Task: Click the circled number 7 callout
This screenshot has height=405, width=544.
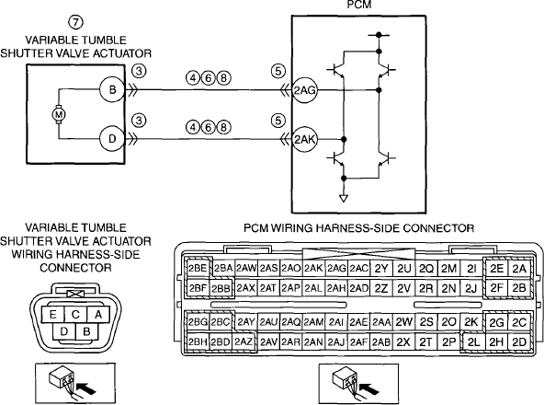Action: click(x=75, y=22)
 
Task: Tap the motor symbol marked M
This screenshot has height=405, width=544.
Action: click(x=59, y=114)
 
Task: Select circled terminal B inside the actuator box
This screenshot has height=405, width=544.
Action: click(x=112, y=89)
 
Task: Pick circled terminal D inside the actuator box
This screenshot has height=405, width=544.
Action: click(x=112, y=139)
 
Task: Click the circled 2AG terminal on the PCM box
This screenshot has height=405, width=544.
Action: click(x=304, y=90)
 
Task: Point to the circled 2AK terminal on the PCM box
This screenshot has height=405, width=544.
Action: click(x=304, y=139)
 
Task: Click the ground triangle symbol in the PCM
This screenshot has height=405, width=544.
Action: click(x=344, y=199)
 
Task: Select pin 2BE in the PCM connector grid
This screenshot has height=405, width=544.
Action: click(x=198, y=269)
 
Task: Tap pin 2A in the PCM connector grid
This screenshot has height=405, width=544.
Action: click(x=519, y=269)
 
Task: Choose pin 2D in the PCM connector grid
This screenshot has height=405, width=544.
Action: click(x=519, y=342)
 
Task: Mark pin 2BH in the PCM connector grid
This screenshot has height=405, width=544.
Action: click(x=198, y=342)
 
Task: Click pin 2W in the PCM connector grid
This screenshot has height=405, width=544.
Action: click(x=403, y=322)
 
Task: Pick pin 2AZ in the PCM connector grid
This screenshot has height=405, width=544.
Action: click(x=244, y=342)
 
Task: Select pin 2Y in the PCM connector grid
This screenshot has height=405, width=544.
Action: click(x=381, y=269)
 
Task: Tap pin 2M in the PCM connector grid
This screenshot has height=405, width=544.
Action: click(x=449, y=269)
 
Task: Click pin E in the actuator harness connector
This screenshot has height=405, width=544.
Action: click(x=52, y=314)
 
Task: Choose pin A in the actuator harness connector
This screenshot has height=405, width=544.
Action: click(x=98, y=314)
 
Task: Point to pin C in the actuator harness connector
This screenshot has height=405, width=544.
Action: click(x=75, y=314)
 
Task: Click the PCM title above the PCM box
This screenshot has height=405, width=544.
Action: click(x=358, y=5)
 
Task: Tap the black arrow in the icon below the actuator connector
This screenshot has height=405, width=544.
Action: click(x=85, y=388)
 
